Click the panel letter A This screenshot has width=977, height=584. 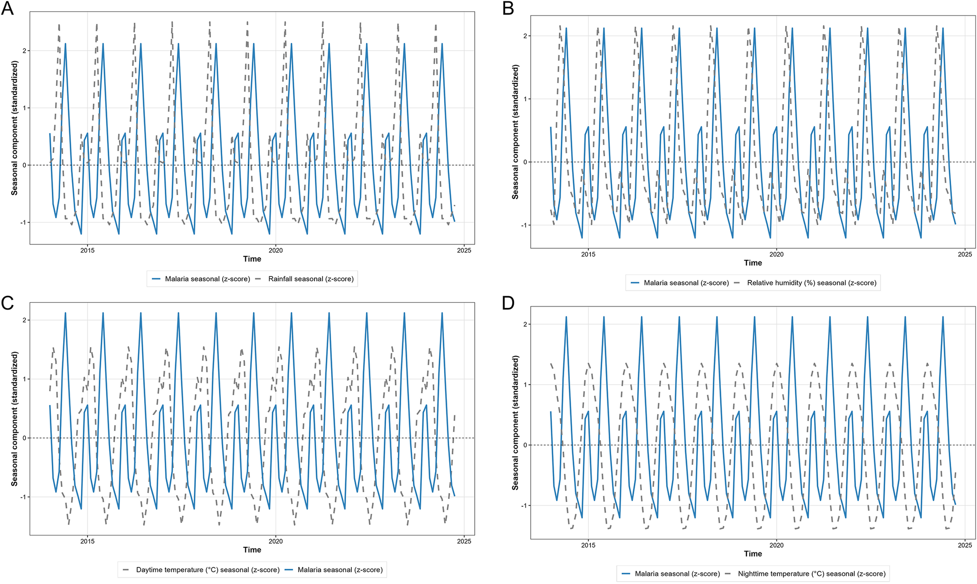[x=8, y=9]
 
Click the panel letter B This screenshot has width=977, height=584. [x=508, y=9]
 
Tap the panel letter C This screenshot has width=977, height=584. [x=8, y=303]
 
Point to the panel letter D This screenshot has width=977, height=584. [x=509, y=303]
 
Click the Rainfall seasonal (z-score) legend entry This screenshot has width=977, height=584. [x=305, y=279]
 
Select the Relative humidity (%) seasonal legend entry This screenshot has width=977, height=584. [x=805, y=283]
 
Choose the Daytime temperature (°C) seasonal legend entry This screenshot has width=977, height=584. [x=201, y=570]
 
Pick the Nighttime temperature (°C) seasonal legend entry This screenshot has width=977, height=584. [x=805, y=574]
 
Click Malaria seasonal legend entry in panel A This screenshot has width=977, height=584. [x=201, y=279]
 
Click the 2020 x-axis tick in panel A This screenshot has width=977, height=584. [x=276, y=251]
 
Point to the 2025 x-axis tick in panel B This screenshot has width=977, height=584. [x=965, y=254]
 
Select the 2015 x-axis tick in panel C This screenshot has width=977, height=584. [x=88, y=541]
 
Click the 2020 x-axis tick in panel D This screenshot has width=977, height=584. [x=776, y=545]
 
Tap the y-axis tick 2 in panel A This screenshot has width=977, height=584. [x=24, y=50]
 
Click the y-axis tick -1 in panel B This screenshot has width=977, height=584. [x=524, y=225]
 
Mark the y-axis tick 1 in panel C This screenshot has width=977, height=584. [x=24, y=379]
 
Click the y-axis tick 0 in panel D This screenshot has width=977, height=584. [x=525, y=445]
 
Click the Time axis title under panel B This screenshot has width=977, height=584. [x=753, y=263]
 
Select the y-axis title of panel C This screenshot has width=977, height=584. [x=15, y=419]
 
